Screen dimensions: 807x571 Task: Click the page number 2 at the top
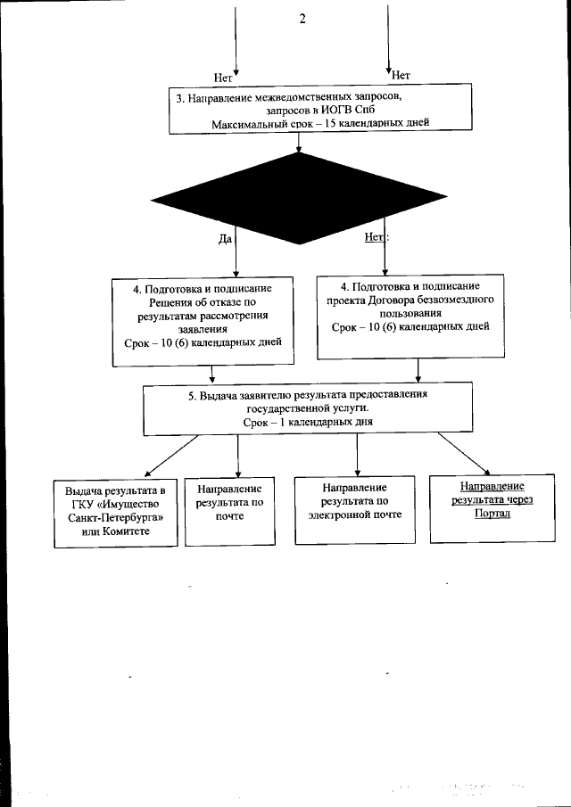(x=302, y=20)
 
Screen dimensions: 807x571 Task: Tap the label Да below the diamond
(x=226, y=238)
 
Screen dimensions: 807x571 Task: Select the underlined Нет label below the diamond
(x=374, y=237)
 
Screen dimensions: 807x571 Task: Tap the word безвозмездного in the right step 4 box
(x=456, y=301)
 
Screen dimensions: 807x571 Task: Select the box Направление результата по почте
(x=229, y=509)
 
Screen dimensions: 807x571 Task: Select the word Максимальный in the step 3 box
(x=251, y=122)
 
